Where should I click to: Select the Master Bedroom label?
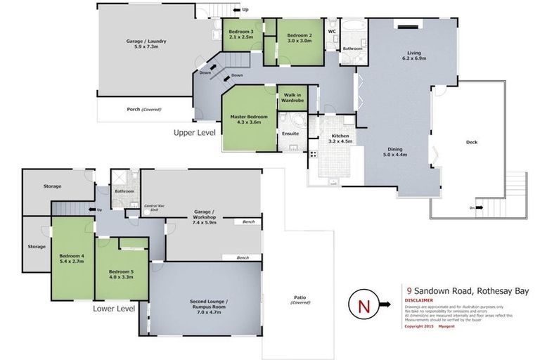pos(249,116)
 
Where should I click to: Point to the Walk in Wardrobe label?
pos(292,98)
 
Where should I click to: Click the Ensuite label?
pos(290,133)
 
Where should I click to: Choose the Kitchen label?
pos(340,136)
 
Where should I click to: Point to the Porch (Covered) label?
pos(143,109)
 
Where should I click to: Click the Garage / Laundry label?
pos(146,41)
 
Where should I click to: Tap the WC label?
pos(332,32)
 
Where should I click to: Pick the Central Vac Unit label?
pos(151,208)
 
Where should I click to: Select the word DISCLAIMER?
pos(419,300)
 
